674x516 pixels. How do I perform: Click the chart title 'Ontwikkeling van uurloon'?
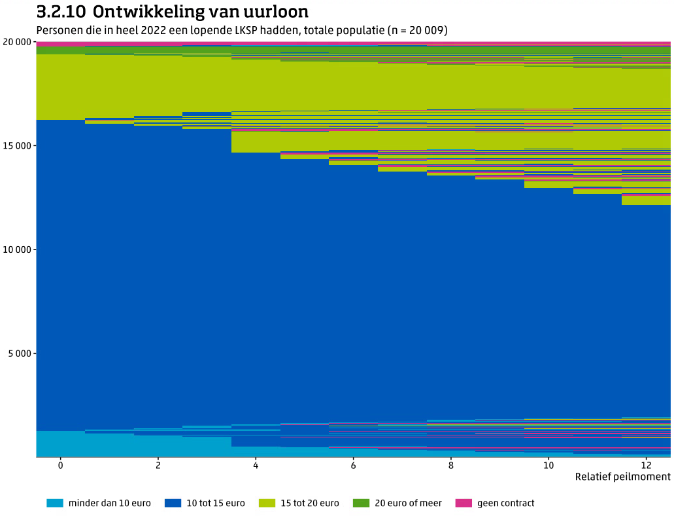pos(201,12)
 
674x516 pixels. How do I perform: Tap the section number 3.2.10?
pos(61,12)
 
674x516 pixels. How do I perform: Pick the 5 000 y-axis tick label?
pos(20,354)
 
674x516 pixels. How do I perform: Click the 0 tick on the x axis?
pos(60,465)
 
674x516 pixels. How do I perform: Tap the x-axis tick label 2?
pos(158,465)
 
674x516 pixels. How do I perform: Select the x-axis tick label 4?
pos(256,465)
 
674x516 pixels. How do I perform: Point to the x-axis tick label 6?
pos(353,465)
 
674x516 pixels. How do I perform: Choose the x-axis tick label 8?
pos(450,465)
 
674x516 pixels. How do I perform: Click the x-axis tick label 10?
pos(548,465)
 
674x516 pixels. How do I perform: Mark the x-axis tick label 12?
pos(645,465)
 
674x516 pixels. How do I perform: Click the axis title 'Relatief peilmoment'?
pos(622,477)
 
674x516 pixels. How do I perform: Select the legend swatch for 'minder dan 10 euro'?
pos(55,504)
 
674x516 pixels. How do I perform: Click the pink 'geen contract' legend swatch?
pos(463,504)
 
